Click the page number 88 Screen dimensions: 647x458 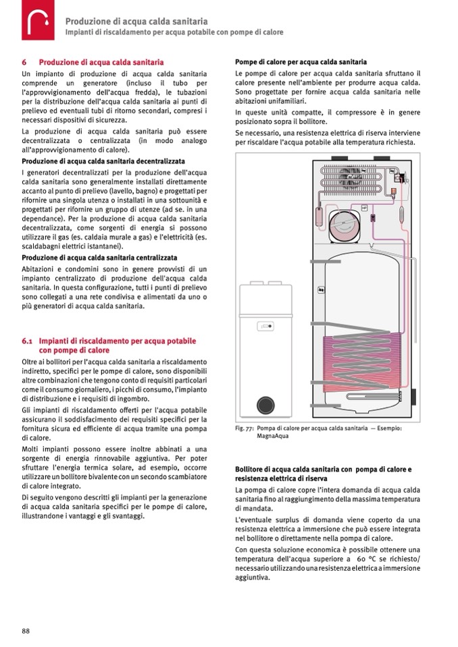pyautogui.click(x=26, y=630)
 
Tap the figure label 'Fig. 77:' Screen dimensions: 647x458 pyautogui.click(x=246, y=428)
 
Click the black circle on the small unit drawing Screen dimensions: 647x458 pyautogui.click(x=263, y=405)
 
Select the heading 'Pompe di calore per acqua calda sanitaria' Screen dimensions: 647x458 pyautogui.click(x=301, y=61)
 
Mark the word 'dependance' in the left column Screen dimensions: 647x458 pyautogui.click(x=44, y=220)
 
